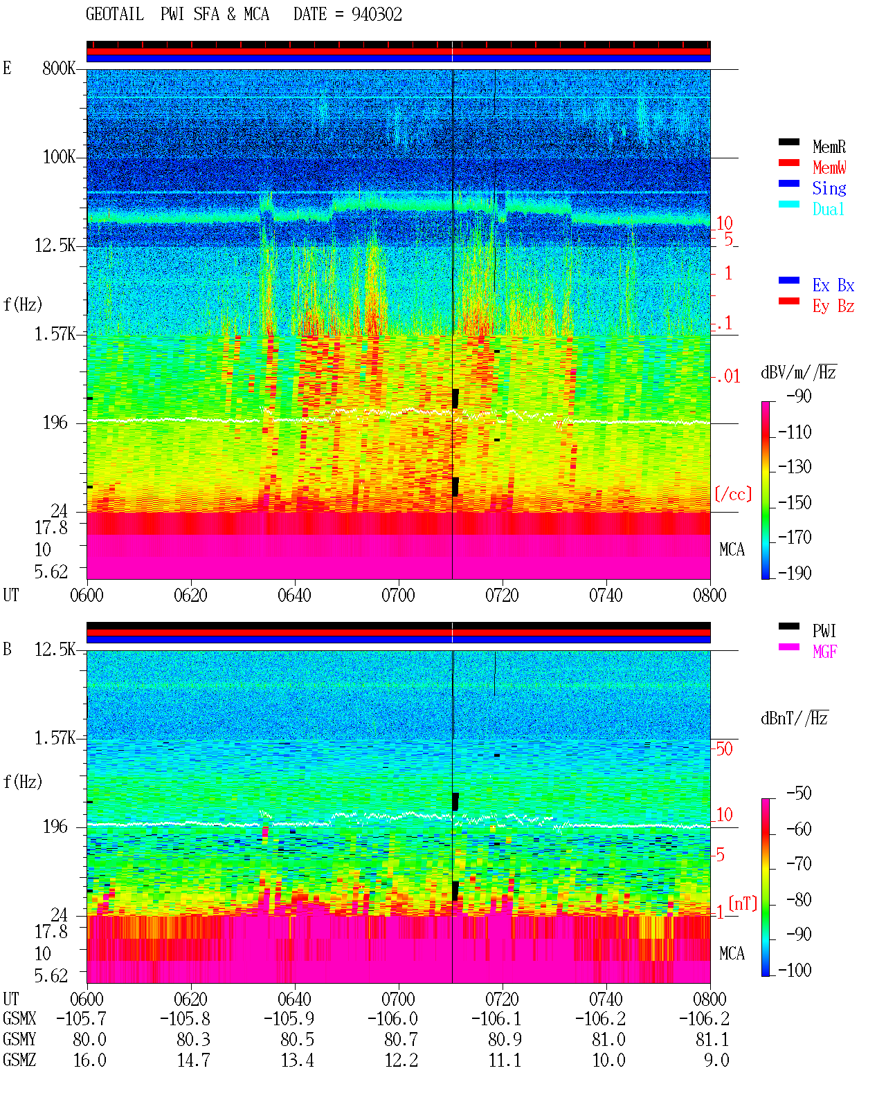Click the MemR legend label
click(x=829, y=147)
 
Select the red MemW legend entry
click(x=829, y=167)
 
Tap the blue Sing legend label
click(x=829, y=188)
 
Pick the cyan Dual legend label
click(x=828, y=209)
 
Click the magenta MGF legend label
click(x=824, y=652)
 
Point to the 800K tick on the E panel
click(x=59, y=68)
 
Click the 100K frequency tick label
click(x=59, y=157)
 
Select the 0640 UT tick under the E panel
click(x=294, y=595)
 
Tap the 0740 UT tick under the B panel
click(x=606, y=998)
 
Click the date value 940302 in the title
click(x=377, y=15)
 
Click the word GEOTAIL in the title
click(x=115, y=15)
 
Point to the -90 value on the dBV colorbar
click(x=799, y=396)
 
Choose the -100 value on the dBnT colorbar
click(x=795, y=970)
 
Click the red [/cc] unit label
click(x=733, y=494)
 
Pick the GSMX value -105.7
click(x=81, y=1018)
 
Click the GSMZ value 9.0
click(x=716, y=1060)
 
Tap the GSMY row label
click(x=19, y=1039)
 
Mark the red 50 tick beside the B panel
click(x=724, y=749)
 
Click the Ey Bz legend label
click(x=833, y=306)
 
